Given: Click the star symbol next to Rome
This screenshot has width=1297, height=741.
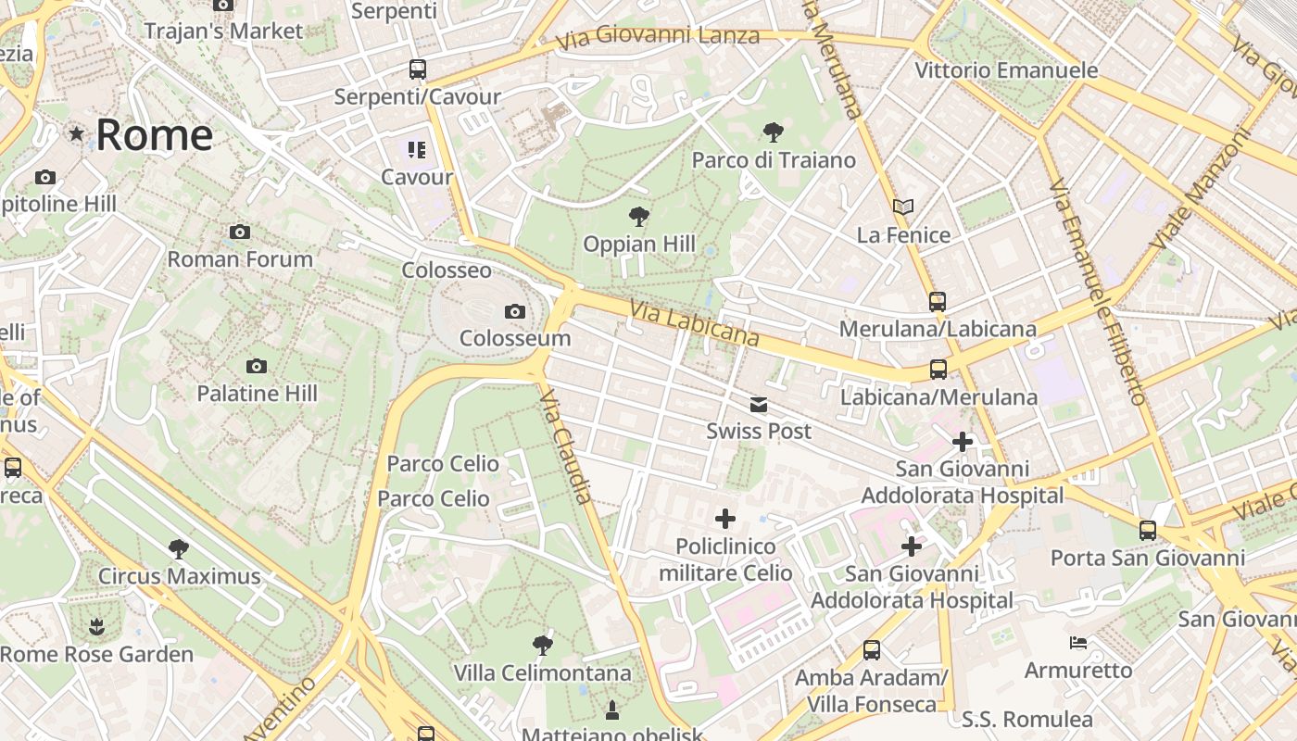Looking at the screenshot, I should coord(77,135).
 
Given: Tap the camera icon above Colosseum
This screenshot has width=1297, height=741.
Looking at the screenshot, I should coord(515,312).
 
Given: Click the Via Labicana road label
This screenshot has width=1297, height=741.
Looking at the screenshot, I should coord(695,323).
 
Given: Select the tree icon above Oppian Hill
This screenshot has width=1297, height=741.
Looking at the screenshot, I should coord(638,218).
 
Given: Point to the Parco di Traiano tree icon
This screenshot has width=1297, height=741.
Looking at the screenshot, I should coord(774,132).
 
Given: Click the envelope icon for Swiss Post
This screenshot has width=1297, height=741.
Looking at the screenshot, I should coord(759,405).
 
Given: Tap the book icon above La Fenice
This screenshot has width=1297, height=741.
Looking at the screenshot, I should coord(903,207).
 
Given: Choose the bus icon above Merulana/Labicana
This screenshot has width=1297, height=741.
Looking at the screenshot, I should coord(938,302).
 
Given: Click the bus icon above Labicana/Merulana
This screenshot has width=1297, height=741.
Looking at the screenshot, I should coord(938,370).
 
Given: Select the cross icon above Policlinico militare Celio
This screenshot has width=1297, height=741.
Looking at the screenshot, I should coord(725,519).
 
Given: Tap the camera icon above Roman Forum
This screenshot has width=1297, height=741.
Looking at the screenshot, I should coord(240,232).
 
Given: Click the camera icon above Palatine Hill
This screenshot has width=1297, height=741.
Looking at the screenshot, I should coord(257,367).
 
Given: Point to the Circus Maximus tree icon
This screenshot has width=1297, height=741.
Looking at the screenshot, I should coord(179,549).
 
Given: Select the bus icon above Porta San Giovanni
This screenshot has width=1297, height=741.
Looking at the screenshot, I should coord(1148,531).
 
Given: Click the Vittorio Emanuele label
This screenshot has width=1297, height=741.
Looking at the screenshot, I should coord(1006,70).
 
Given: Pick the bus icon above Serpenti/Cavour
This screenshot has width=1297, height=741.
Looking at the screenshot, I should coord(418,69).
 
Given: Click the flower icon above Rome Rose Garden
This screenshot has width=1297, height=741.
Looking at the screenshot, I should coord(96,627).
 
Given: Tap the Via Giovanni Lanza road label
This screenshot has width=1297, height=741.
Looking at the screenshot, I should coord(658,38).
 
